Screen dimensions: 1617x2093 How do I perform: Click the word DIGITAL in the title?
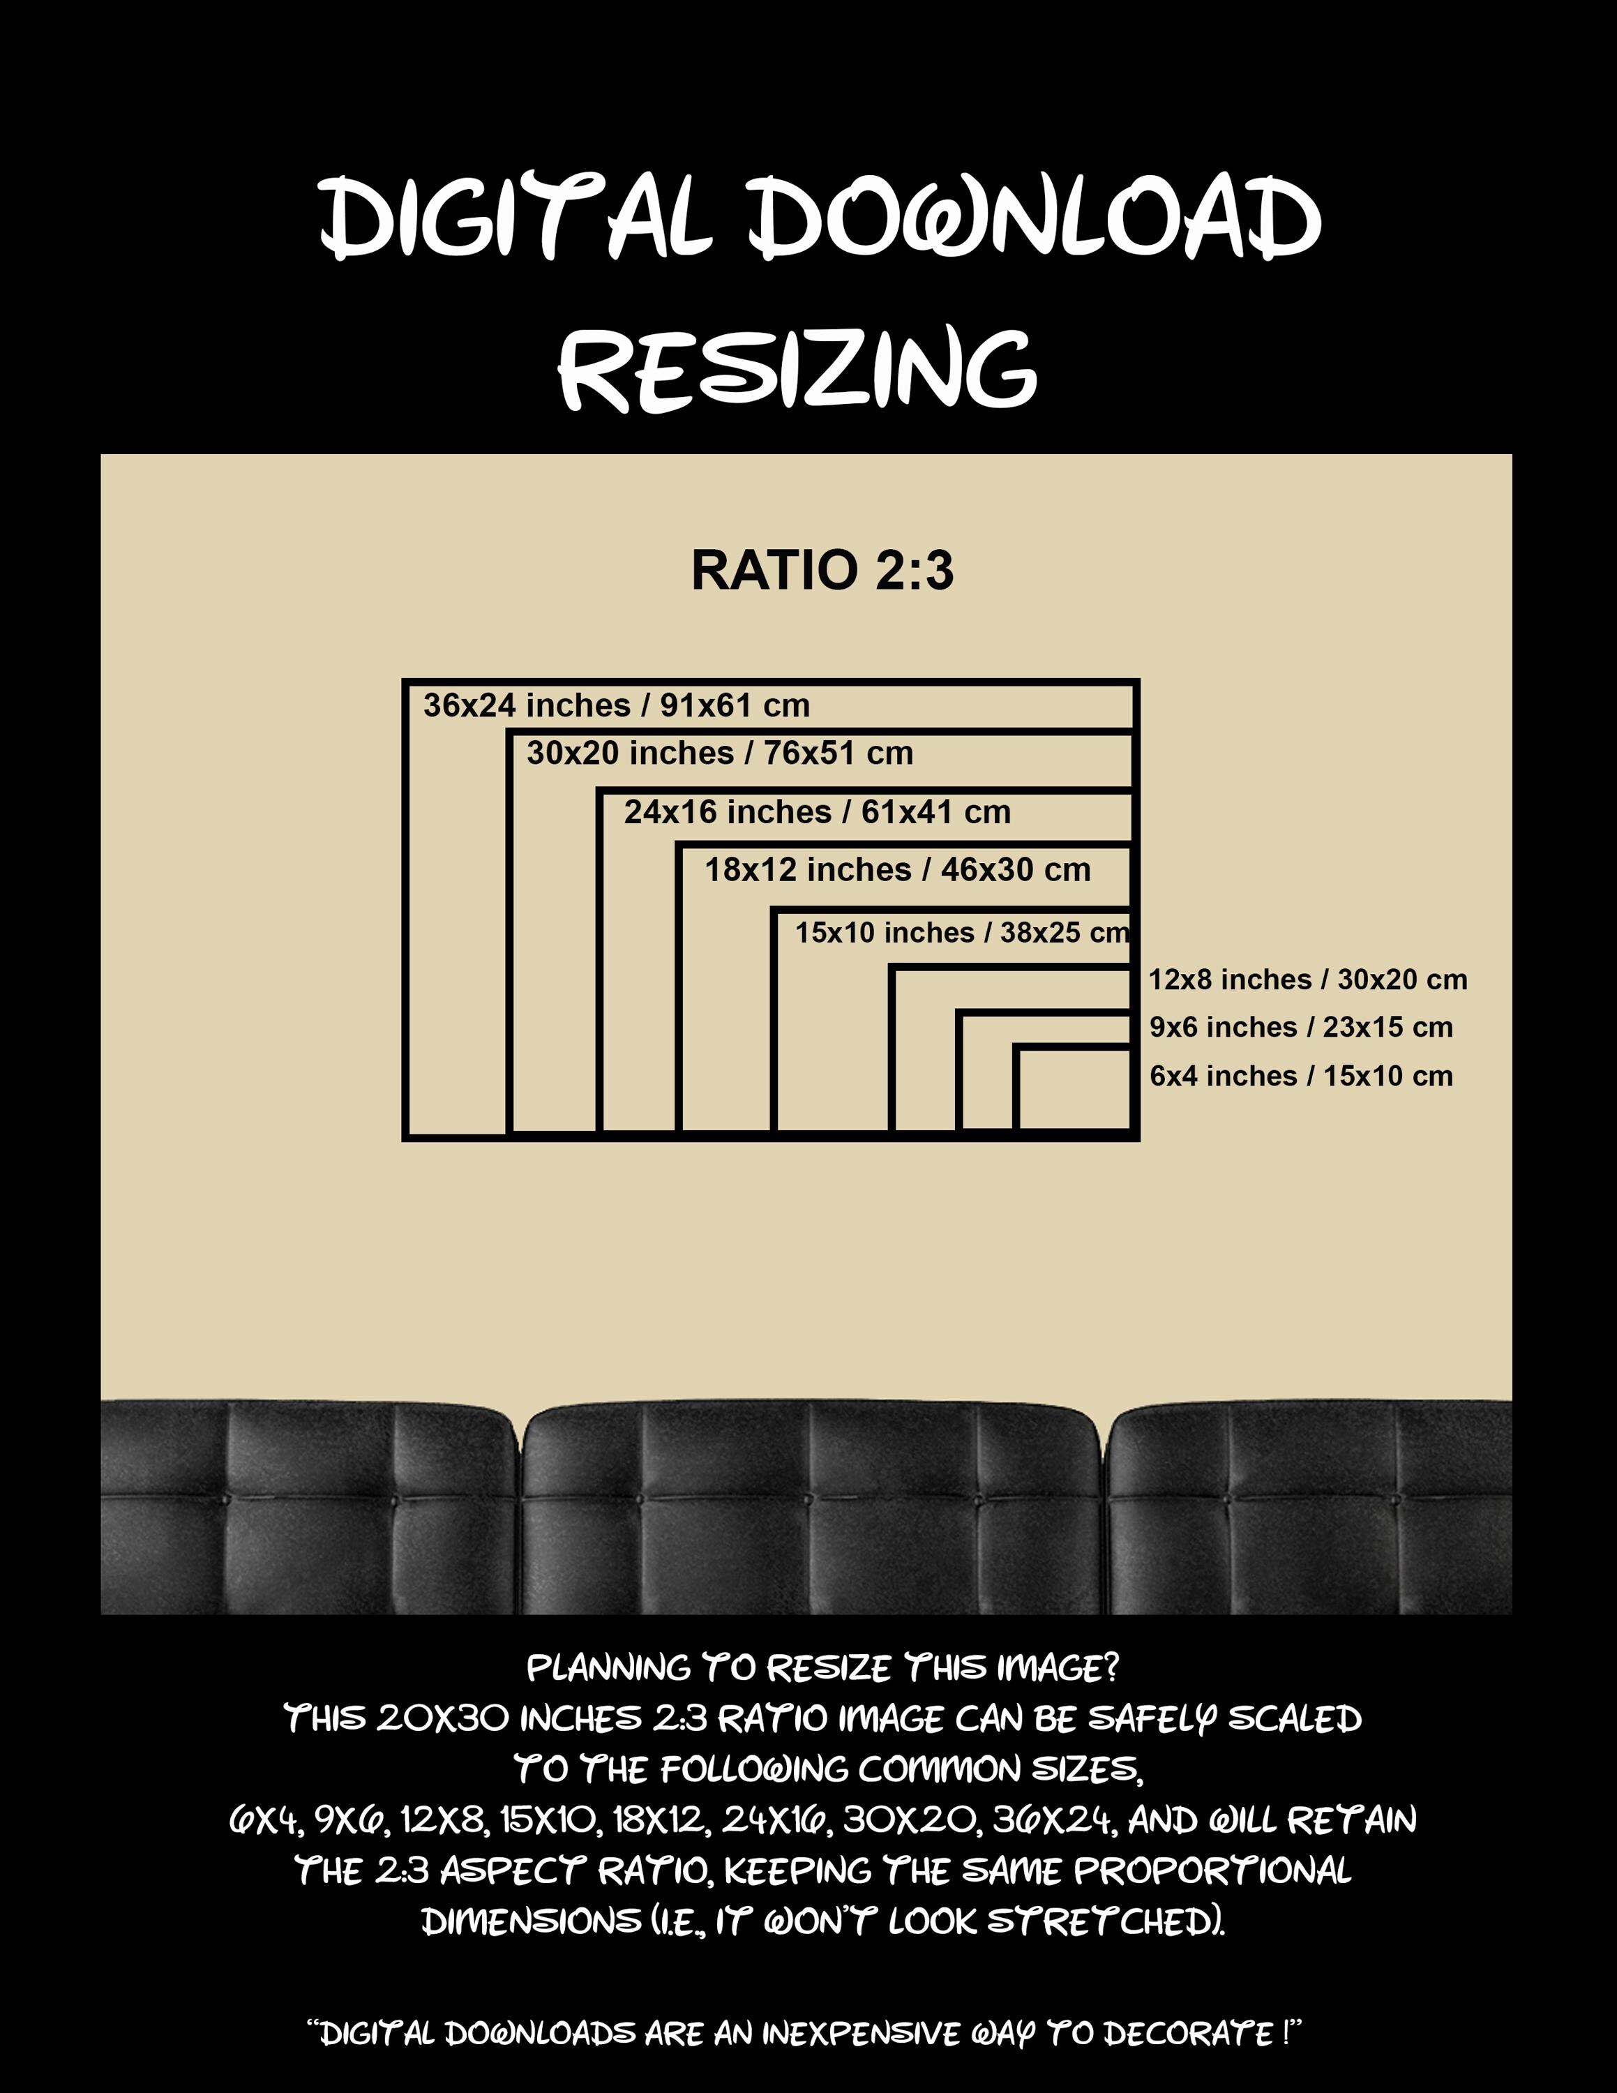[518, 218]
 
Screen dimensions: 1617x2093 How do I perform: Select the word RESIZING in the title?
[798, 369]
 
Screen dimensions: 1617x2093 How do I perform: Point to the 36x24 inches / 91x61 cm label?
[617, 706]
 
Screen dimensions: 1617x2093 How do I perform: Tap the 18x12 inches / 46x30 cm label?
[898, 870]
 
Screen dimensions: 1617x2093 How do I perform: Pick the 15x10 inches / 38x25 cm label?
[963, 933]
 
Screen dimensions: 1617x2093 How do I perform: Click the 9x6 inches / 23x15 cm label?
[1301, 1028]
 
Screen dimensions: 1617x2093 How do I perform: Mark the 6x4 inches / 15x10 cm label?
[1301, 1076]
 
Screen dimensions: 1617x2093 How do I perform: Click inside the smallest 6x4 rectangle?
[1074, 1090]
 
